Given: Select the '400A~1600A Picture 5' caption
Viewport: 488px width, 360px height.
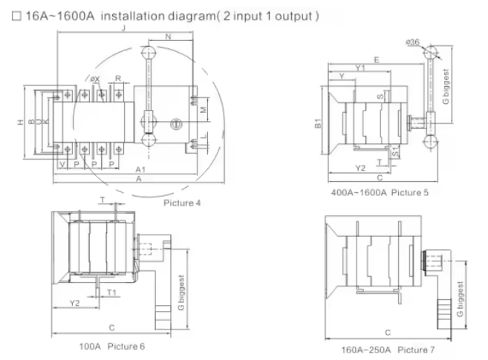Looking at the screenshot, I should (x=380, y=192).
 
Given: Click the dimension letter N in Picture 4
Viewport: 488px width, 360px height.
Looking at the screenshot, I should (x=169, y=38).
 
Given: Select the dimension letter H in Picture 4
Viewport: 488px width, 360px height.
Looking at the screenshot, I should (x=22, y=123).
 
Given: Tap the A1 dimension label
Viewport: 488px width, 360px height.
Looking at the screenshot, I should (x=140, y=170).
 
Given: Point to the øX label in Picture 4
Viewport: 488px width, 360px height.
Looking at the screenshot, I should (x=95, y=79).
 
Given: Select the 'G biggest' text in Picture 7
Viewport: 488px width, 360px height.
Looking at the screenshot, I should (x=461, y=299).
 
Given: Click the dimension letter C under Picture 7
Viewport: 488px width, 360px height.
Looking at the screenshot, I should (x=388, y=333).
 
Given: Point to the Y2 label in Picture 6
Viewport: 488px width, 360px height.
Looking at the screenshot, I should (x=75, y=303).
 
